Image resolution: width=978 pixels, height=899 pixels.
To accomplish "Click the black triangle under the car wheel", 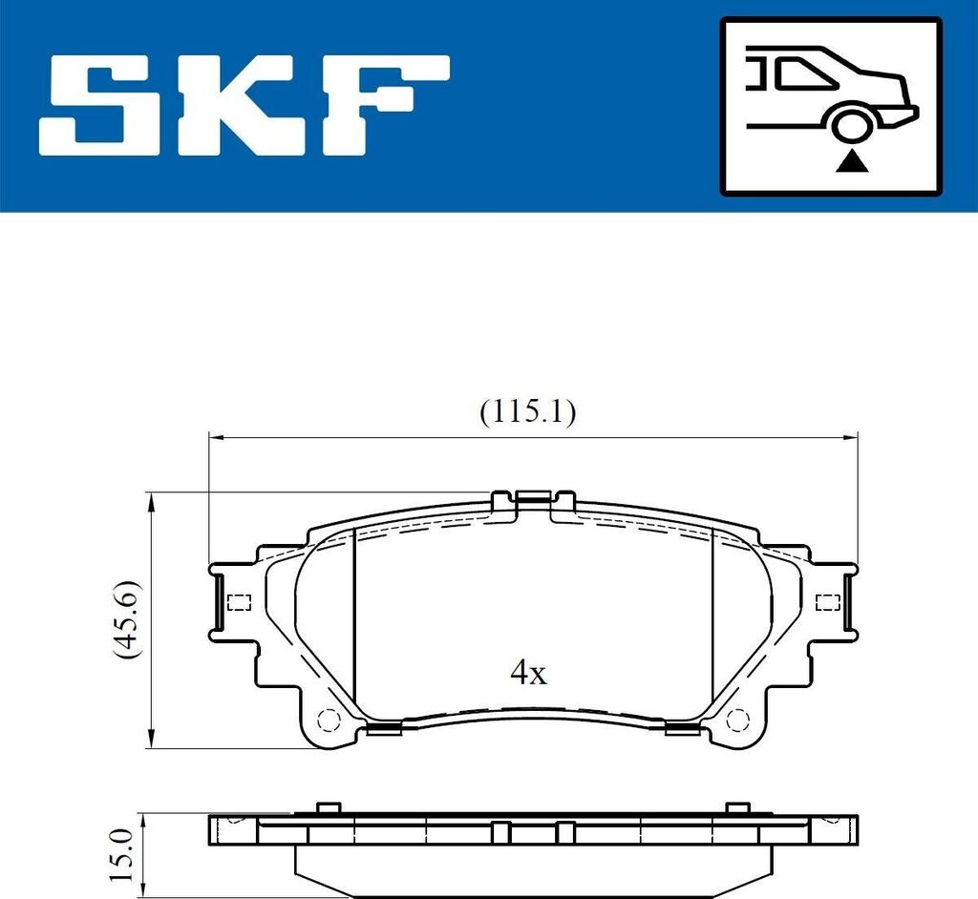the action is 852,163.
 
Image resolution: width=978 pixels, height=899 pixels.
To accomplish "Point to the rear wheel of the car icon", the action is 850,124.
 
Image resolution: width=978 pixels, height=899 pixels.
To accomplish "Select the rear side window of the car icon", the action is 801,73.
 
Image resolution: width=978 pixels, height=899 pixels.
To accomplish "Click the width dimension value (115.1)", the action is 527,411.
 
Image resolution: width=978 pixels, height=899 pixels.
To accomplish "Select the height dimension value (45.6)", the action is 127,619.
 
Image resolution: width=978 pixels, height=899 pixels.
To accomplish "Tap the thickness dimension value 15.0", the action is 121,855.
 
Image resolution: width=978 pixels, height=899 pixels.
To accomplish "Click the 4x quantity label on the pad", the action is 528,672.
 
